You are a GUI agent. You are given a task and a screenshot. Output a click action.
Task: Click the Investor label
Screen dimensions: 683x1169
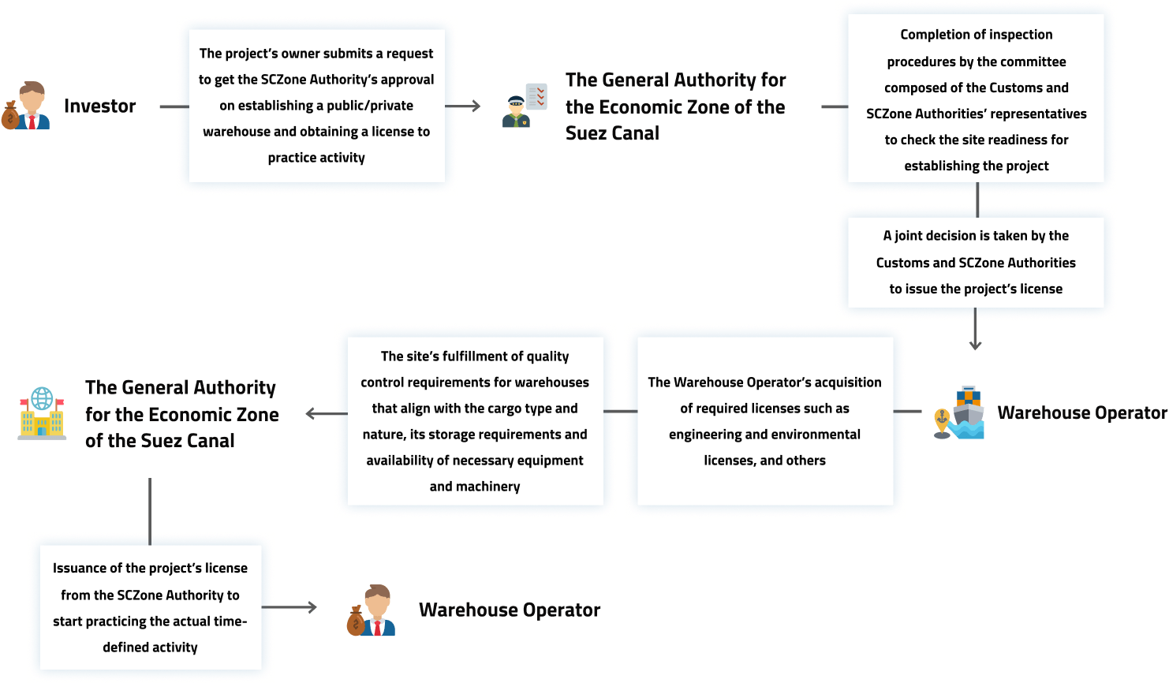pyautogui.click(x=100, y=106)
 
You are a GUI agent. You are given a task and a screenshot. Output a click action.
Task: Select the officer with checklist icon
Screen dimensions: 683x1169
pyautogui.click(x=525, y=106)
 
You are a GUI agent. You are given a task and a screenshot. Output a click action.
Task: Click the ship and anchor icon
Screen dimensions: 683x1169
pyautogui.click(x=959, y=412)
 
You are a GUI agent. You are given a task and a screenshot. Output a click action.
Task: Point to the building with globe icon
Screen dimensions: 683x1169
pyautogui.click(x=43, y=412)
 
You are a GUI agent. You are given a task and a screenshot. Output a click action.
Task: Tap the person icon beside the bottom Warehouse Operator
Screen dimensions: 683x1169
pyautogui.click(x=371, y=610)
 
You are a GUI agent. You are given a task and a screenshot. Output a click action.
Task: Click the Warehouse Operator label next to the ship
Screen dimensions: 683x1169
pyautogui.click(x=1082, y=412)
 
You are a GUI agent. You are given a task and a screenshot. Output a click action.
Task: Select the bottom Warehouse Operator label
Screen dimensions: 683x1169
pyautogui.click(x=510, y=610)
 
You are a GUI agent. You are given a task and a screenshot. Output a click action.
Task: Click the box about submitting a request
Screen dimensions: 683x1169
pyautogui.click(x=316, y=106)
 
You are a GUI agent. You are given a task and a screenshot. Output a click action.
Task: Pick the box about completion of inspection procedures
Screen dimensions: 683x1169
pyautogui.click(x=976, y=100)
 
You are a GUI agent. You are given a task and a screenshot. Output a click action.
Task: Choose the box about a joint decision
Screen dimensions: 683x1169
pyautogui.click(x=976, y=263)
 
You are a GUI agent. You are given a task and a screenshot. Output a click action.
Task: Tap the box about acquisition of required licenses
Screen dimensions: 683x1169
pyautogui.click(x=764, y=421)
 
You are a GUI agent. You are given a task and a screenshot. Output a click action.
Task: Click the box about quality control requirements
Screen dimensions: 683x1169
pyautogui.click(x=475, y=421)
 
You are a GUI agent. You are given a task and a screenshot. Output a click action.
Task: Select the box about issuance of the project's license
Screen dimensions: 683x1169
pyautogui.click(x=150, y=607)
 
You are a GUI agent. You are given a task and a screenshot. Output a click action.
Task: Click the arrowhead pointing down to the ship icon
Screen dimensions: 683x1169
pyautogui.click(x=975, y=345)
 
